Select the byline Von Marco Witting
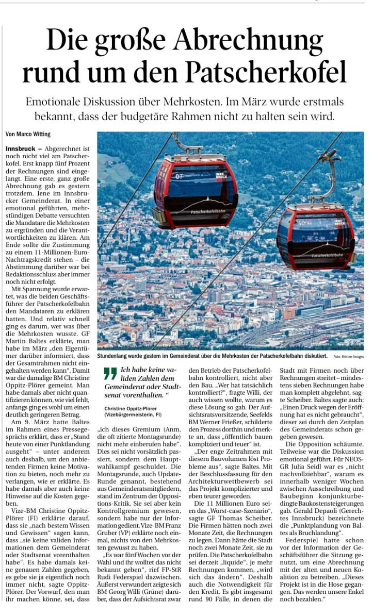pyautogui.click(x=28, y=135)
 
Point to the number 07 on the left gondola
pyautogui.click(x=180, y=177)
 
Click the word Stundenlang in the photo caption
pyautogui.click(x=114, y=356)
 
